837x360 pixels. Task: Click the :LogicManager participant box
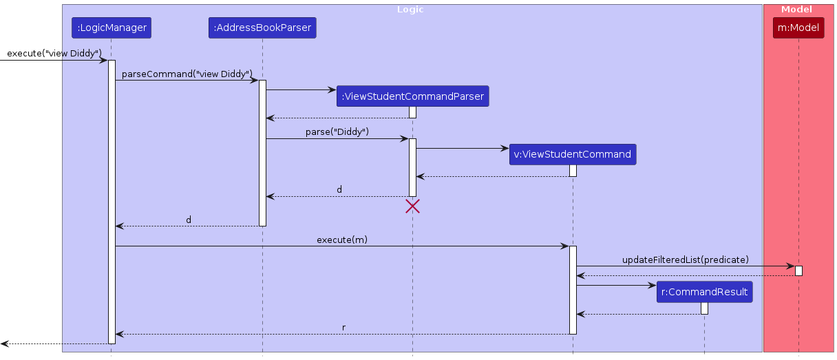pos(111,28)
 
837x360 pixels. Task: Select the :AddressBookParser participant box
pos(262,28)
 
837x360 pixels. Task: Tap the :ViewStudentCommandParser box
pos(412,96)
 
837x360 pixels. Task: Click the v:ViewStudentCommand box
pos(572,154)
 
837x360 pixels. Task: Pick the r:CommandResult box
pos(704,292)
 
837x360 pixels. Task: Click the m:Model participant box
pos(798,28)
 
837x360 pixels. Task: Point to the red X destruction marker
pos(412,206)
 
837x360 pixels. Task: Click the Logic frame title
pos(410,10)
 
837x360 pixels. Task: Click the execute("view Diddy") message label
pos(54,53)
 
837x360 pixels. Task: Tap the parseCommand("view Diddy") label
pos(187,73)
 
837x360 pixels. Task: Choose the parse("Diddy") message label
pos(337,131)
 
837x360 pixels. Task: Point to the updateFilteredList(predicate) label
pos(685,260)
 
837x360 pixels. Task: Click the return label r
pos(343,327)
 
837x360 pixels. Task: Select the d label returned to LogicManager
pos(189,220)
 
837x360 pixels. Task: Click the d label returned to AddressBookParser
pos(339,189)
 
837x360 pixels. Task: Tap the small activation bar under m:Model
pos(798,271)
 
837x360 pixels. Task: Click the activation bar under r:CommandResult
pos(704,308)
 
